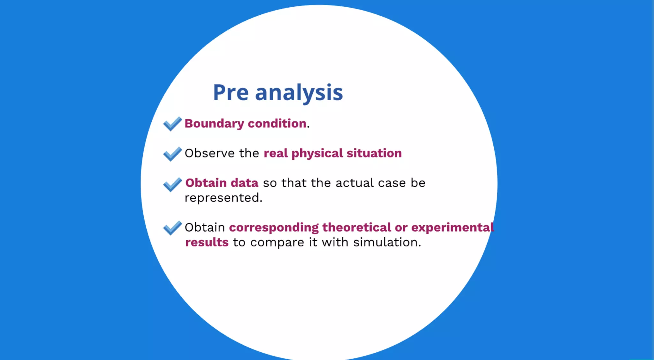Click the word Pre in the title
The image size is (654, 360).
click(x=230, y=93)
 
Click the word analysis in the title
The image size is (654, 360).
click(x=299, y=93)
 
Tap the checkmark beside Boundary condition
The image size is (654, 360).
click(x=172, y=124)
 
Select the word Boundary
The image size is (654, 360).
click(x=214, y=124)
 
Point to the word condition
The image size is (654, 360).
click(x=277, y=124)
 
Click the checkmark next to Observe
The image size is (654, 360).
click(x=172, y=154)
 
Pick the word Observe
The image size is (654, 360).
click(x=209, y=153)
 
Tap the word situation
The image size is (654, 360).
click(x=374, y=153)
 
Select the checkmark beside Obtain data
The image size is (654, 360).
click(x=172, y=184)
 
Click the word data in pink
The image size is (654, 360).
click(x=244, y=183)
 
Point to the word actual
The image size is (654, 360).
click(x=354, y=183)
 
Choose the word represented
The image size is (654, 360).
click(x=223, y=198)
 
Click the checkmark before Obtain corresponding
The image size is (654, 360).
click(x=172, y=228)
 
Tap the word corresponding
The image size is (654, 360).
click(x=274, y=228)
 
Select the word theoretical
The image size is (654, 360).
click(x=356, y=227)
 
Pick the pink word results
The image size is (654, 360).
click(x=207, y=242)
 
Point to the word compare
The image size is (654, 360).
click(x=277, y=243)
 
